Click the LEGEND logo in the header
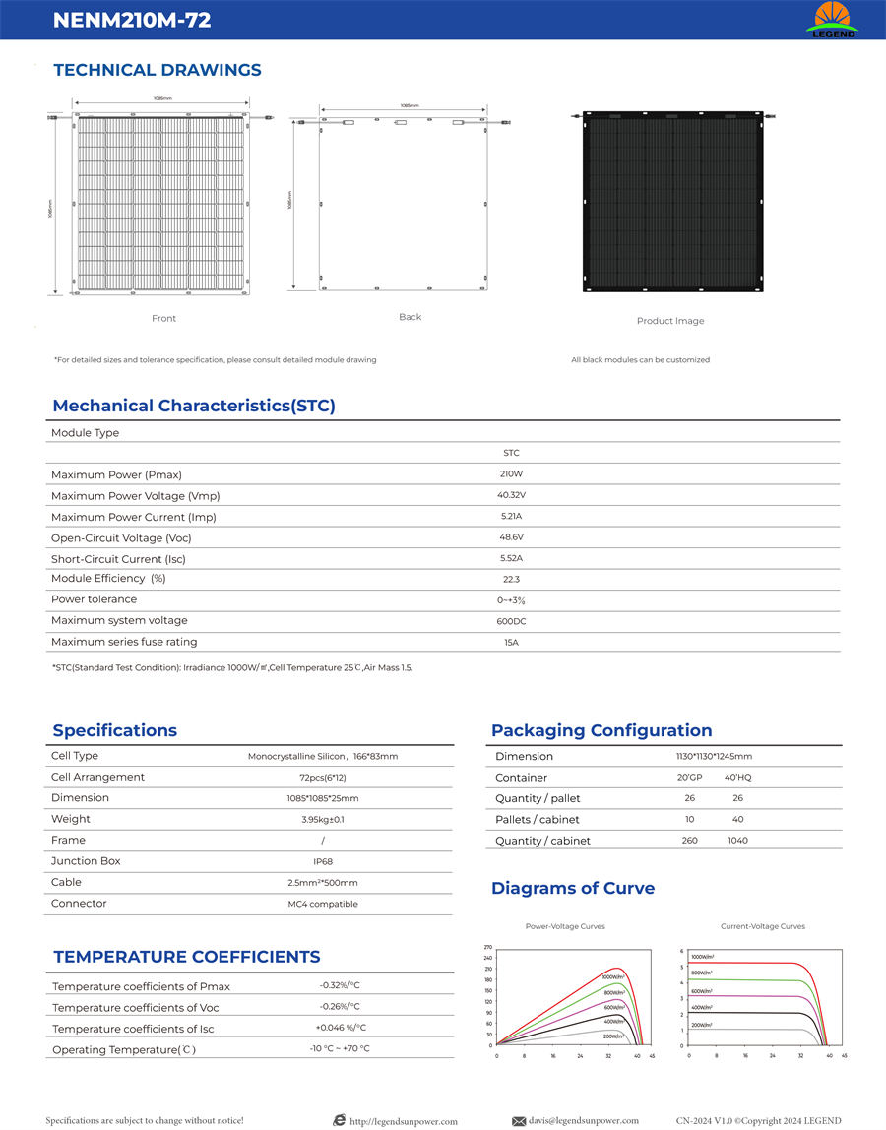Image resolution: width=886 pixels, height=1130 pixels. click(832, 20)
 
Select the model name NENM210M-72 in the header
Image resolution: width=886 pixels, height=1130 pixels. click(132, 20)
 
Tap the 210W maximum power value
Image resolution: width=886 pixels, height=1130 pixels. click(511, 474)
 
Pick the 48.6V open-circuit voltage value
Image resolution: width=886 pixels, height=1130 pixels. click(511, 537)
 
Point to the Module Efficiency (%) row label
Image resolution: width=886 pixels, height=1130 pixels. click(108, 579)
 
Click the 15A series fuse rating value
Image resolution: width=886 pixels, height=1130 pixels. click(511, 643)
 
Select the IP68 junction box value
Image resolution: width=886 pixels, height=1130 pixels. click(323, 861)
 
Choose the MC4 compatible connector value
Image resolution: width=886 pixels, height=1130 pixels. click(323, 904)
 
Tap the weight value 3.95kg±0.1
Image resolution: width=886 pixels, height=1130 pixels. click(323, 819)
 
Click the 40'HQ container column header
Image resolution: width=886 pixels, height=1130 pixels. click(738, 778)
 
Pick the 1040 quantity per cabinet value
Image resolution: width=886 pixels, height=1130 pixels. click(738, 841)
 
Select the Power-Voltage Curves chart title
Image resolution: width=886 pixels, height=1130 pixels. click(565, 926)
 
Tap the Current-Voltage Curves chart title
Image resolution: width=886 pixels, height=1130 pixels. click(763, 926)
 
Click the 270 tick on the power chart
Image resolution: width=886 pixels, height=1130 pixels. click(487, 947)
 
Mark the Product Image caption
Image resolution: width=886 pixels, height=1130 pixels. click(670, 321)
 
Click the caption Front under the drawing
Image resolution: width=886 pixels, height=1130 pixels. click(163, 318)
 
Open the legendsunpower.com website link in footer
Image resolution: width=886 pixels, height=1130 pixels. click(404, 1121)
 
